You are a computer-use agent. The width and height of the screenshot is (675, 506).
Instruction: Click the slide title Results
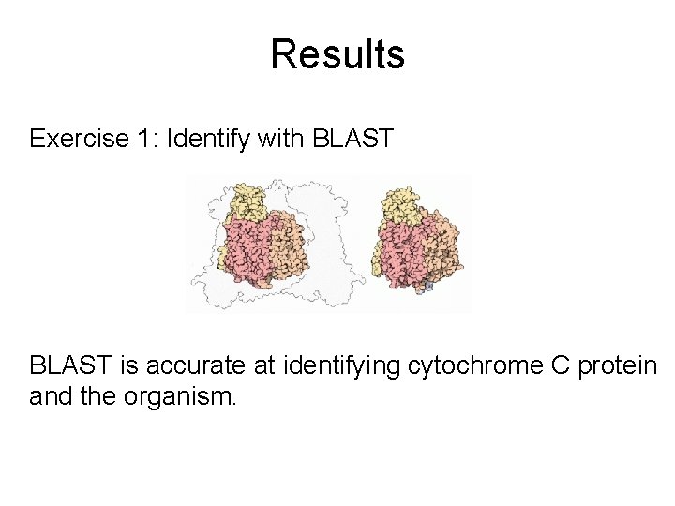[x=337, y=54]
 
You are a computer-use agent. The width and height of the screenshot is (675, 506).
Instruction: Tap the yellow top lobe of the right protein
[x=404, y=202]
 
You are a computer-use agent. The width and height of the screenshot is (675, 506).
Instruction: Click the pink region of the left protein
[x=247, y=258]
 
